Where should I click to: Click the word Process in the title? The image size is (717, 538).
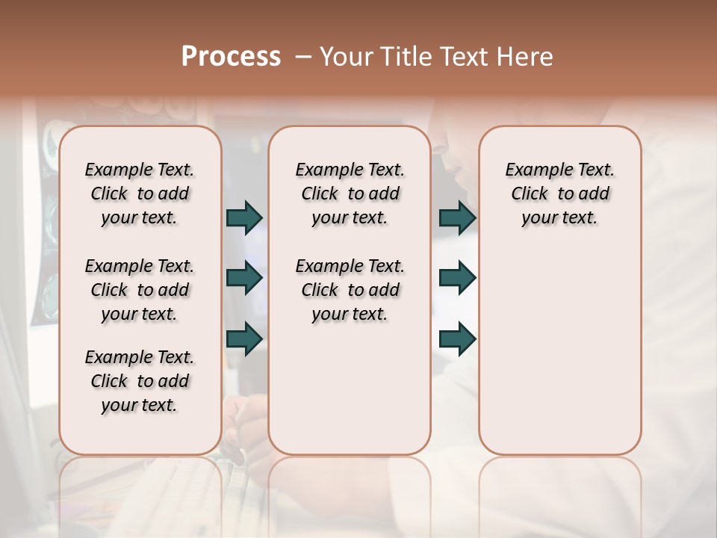[x=231, y=56]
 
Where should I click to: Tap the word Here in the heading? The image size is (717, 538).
[x=525, y=57]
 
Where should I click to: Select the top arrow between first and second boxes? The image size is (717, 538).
[x=244, y=217]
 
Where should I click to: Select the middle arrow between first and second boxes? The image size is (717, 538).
[x=244, y=278]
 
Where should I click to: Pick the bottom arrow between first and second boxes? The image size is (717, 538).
[x=244, y=338]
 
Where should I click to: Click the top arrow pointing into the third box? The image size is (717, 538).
[x=457, y=217]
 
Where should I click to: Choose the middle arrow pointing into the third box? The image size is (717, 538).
[x=457, y=278]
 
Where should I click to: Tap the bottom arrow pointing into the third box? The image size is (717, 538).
[x=457, y=338]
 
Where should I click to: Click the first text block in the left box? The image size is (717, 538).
[x=140, y=194]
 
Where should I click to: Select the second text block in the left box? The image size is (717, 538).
[x=140, y=290]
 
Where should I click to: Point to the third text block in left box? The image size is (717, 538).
[x=140, y=381]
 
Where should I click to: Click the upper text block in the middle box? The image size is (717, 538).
[x=350, y=194]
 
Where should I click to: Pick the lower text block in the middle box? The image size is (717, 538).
[x=350, y=290]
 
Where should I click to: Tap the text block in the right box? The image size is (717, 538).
[x=559, y=194]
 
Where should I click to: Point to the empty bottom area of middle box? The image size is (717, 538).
[x=350, y=396]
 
